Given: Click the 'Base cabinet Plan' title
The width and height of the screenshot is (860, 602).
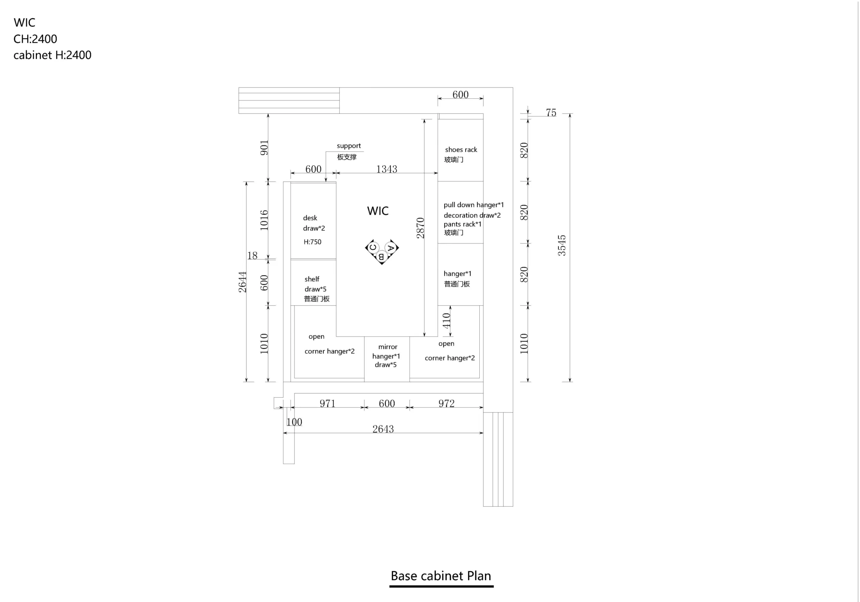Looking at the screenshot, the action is [441, 576].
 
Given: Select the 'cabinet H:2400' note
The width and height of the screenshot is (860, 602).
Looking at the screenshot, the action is [52, 55].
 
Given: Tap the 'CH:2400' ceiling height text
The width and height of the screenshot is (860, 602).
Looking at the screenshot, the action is [35, 39].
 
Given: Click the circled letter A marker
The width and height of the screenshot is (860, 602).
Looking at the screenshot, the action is [391, 248].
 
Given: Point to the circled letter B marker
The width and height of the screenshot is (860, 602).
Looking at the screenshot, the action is [381, 257].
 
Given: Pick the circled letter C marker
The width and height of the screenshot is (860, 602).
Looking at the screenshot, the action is [373, 247].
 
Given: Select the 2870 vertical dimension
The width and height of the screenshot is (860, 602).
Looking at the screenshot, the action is [420, 228].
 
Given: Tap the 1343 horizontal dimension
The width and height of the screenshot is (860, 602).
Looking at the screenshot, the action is [387, 169].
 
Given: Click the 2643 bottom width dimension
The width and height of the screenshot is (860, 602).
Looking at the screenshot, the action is [383, 429].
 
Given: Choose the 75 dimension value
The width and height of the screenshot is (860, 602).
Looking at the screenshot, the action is [551, 113].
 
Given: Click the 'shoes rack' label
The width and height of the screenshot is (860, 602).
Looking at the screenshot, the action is [461, 149].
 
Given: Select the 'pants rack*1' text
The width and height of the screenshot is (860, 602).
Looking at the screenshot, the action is [463, 224].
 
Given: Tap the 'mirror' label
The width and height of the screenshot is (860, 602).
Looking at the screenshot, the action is [388, 347].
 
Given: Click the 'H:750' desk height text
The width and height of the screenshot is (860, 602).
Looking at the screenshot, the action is [312, 242].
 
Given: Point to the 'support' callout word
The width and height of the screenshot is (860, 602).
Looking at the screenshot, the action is [349, 146].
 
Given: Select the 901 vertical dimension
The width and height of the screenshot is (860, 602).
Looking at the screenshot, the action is [264, 147].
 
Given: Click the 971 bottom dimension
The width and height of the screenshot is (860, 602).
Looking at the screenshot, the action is [327, 403].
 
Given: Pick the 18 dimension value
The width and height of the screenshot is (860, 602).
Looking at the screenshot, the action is [252, 256].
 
